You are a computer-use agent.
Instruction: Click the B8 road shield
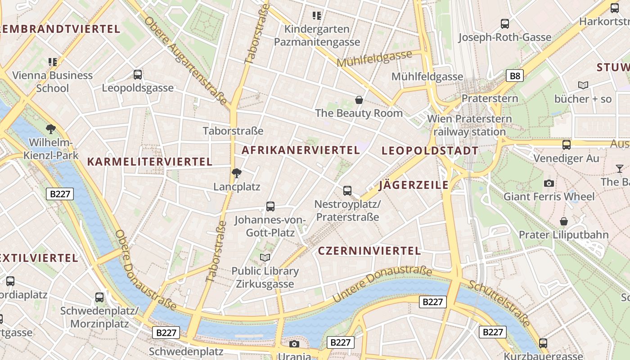tap(515, 76)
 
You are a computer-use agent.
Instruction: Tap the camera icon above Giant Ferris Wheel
tap(549, 183)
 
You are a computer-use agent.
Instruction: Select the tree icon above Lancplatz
tap(236, 173)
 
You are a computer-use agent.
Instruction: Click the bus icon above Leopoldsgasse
tap(138, 75)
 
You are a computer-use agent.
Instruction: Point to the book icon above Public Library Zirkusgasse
tap(265, 257)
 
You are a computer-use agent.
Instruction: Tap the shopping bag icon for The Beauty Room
tap(359, 99)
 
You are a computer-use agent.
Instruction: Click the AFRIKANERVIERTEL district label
tap(301, 150)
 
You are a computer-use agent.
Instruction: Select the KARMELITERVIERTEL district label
tap(149, 162)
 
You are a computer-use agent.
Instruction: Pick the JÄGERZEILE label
tap(414, 185)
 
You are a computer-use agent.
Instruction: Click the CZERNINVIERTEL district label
tap(369, 251)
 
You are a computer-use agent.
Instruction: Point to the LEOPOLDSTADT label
tap(430, 151)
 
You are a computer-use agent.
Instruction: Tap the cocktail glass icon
tap(620, 169)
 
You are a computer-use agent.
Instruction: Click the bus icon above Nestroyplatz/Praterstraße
tap(347, 190)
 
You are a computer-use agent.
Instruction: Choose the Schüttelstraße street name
tap(499, 302)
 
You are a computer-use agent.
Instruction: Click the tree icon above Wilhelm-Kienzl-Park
tap(51, 129)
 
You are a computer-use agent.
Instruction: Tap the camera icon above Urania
tap(294, 344)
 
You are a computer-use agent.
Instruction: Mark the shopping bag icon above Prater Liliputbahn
tap(563, 221)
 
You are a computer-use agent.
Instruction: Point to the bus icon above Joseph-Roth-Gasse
tap(505, 24)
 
